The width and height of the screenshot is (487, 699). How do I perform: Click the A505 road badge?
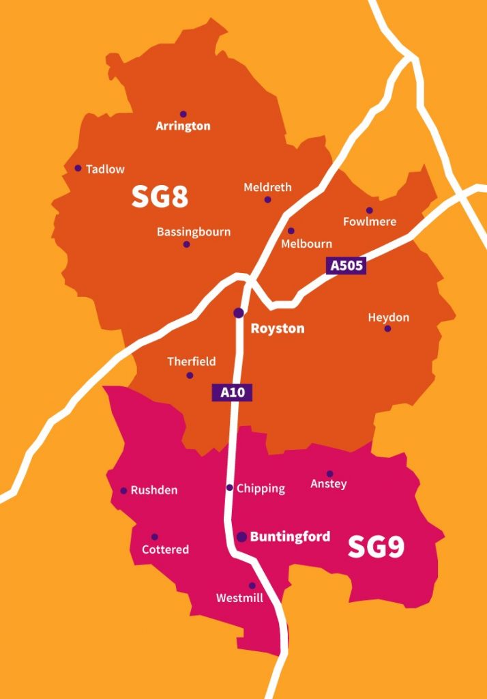pos(346,266)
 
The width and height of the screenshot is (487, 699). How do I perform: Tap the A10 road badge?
pos(232,393)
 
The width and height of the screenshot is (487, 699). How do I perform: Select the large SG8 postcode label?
pos(160,197)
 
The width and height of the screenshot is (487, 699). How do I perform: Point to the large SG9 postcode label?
pos(376,547)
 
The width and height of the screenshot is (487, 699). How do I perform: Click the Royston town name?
pos(278,328)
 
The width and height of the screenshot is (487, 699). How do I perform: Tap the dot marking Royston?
pos(239,313)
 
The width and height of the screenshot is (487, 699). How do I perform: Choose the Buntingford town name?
pos(290,537)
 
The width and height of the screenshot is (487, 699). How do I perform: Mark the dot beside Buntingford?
pos(241,537)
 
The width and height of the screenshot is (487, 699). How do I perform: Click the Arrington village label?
pos(183,126)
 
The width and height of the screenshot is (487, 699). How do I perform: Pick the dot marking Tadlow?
pos(78,168)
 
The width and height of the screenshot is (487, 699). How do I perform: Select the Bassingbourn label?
pos(194,231)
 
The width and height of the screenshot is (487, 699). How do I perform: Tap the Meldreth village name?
pos(267,187)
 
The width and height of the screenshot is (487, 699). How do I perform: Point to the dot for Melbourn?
pos(291,231)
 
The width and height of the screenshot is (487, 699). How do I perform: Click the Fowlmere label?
pos(370,222)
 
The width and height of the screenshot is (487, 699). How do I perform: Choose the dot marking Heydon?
pos(387,328)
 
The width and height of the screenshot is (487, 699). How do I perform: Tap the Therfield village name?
pos(192,361)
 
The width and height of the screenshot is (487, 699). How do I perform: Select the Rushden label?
pos(154,490)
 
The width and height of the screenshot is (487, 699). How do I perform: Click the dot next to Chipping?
pos(230,487)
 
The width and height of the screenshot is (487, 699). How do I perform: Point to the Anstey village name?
pos(329,484)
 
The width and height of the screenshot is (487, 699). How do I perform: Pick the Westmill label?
pos(239,598)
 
